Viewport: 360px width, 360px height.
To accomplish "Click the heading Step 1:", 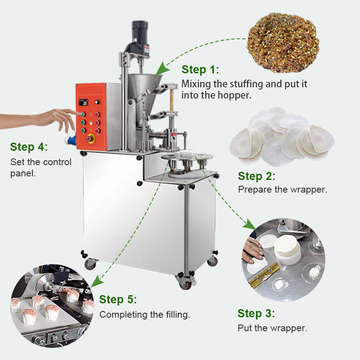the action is (200, 70).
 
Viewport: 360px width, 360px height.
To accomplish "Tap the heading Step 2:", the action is (256, 176).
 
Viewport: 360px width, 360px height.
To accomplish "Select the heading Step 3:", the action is (256, 313).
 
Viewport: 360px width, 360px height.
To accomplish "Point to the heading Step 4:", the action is (29, 147).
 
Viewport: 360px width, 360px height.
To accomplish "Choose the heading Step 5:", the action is (118, 299).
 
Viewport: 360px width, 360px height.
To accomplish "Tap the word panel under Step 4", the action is (23, 174).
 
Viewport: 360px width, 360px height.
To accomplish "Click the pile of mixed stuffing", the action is (283, 42).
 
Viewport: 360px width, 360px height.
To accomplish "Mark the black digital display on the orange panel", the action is (83, 103).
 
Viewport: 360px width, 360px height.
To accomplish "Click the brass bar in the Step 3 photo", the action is (264, 274).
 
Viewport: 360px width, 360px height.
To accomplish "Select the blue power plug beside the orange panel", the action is (70, 139).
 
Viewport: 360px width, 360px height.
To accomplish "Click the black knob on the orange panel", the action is (97, 102).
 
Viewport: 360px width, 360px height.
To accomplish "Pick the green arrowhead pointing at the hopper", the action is (162, 69).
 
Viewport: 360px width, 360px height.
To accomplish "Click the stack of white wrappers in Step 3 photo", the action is (287, 250).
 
